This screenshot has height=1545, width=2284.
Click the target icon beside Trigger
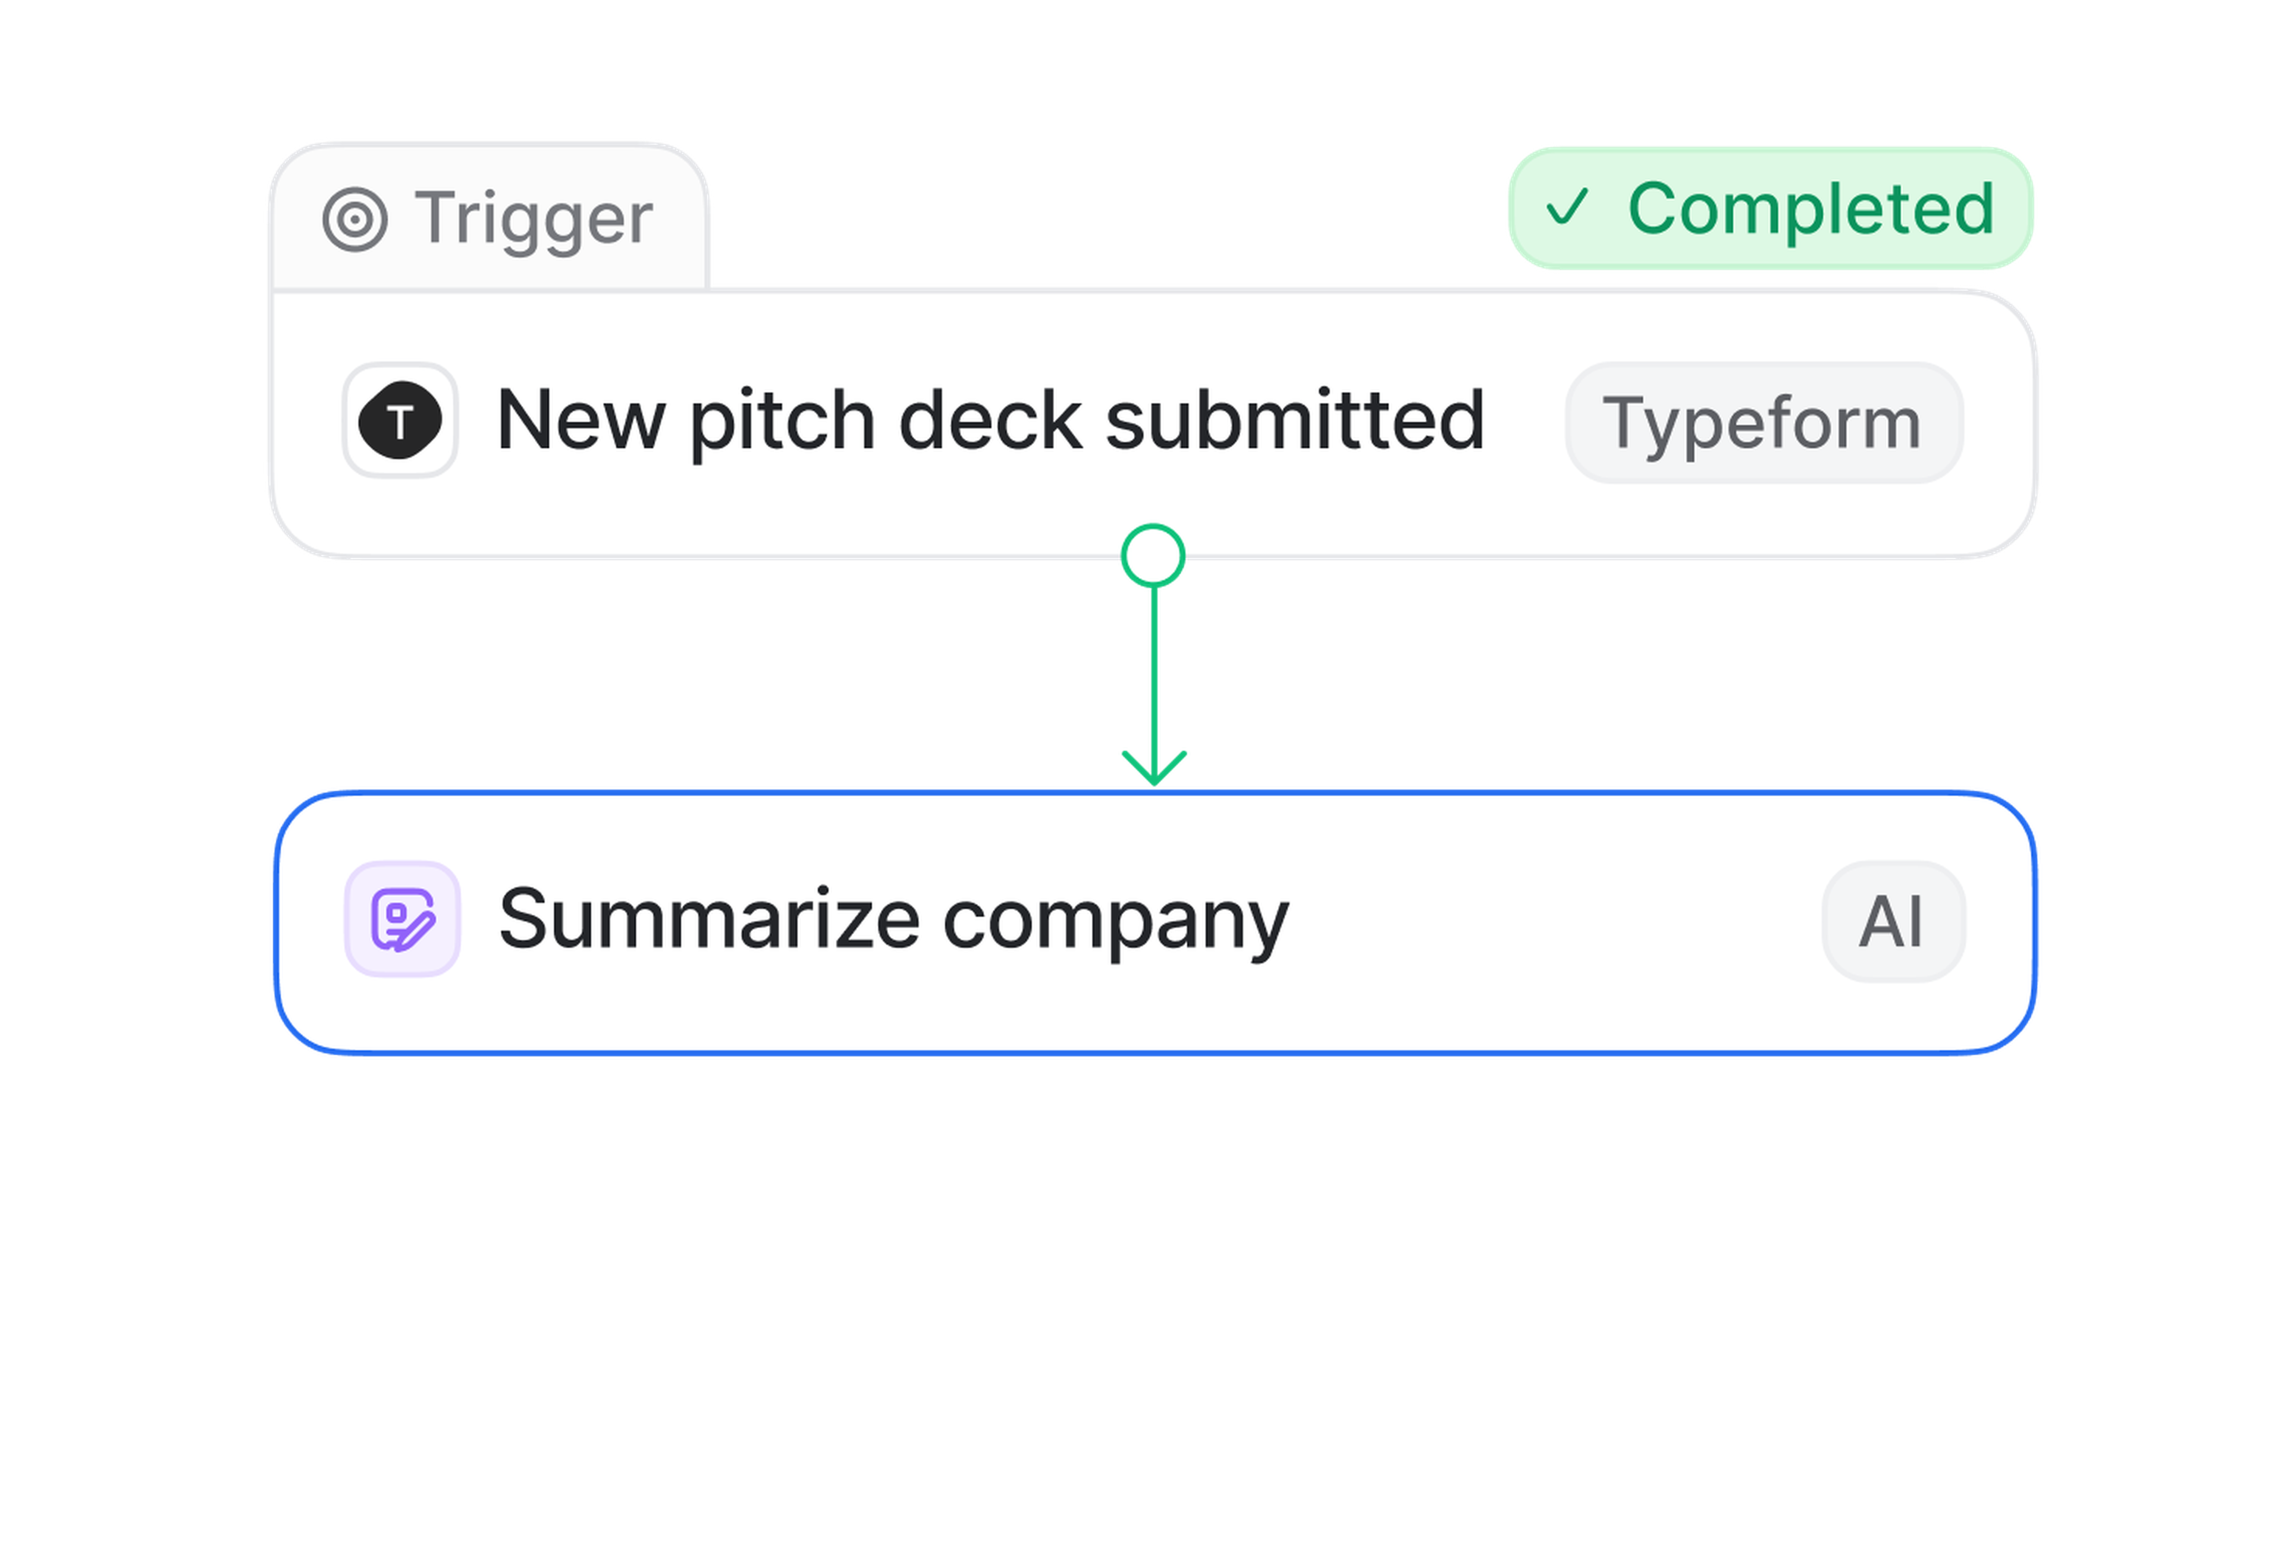coord(354,219)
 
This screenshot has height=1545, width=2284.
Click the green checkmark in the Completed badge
coord(1567,208)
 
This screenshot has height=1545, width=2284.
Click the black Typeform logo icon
coord(400,420)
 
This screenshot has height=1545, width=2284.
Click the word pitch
coord(782,423)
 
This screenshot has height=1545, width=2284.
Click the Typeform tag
coord(1763,423)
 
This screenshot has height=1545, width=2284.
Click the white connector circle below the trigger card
coord(1153,556)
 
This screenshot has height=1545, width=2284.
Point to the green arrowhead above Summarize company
coord(1154,767)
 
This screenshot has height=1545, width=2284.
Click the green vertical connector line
coord(1154,668)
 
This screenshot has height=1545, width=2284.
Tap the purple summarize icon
coord(402,919)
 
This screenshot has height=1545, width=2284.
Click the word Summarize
coord(708,919)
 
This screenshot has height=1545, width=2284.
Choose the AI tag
coord(1892,921)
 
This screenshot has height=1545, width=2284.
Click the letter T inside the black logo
coord(399,423)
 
